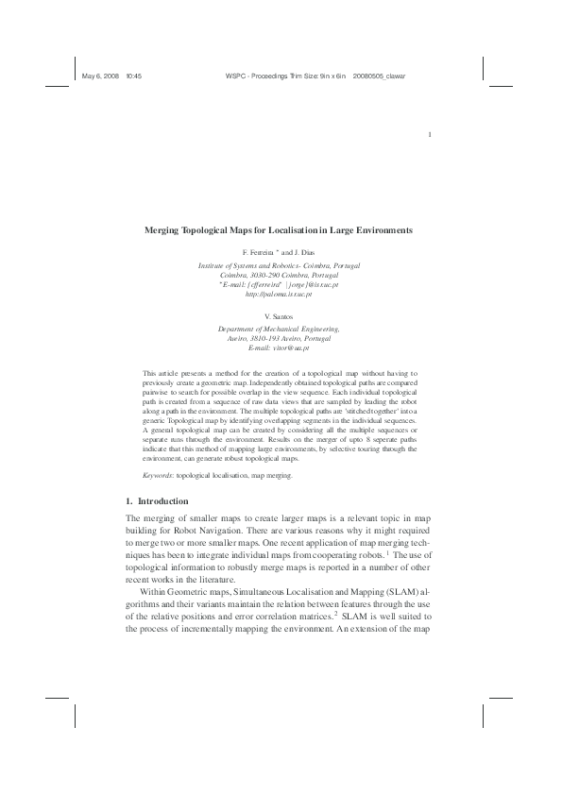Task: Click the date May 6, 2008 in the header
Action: click(x=99, y=75)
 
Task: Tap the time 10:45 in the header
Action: click(x=133, y=75)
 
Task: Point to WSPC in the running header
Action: click(x=238, y=75)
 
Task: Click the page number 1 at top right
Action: click(x=430, y=133)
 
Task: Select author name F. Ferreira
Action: click(x=258, y=254)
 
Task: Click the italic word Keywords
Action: click(x=158, y=476)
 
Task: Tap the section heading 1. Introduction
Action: click(x=157, y=500)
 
